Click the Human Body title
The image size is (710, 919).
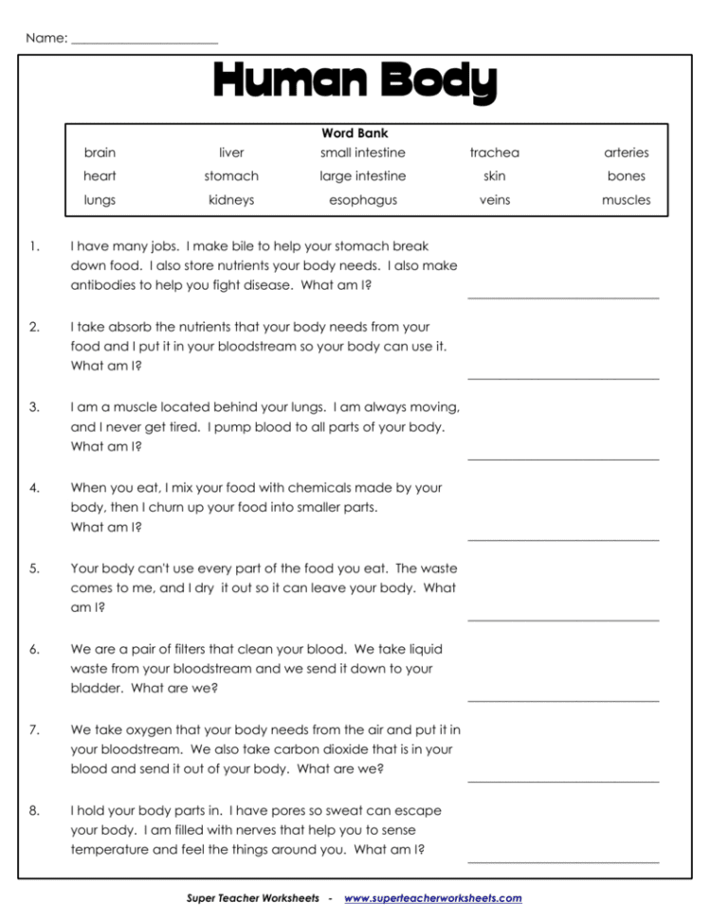[x=355, y=83]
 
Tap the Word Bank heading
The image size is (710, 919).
[x=355, y=134]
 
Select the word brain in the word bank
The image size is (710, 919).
[x=100, y=153]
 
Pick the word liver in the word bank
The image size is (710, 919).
[x=231, y=153]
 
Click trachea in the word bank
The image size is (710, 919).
[x=494, y=153]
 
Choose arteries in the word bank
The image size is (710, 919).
[x=626, y=153]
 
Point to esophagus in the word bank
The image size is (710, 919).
[x=362, y=200]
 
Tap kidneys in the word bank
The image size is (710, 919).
[x=231, y=200]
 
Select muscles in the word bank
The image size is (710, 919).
[x=626, y=200]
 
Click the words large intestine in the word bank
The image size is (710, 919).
[x=362, y=176]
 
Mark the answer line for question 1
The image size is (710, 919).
[x=563, y=297]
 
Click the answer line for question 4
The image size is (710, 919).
[x=563, y=539]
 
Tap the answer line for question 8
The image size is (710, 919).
[x=563, y=861]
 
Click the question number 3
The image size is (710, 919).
[x=34, y=407]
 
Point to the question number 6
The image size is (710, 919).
[x=34, y=650]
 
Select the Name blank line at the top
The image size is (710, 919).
[x=144, y=42]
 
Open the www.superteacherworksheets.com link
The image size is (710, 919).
[x=432, y=898]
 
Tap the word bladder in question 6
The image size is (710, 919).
[x=96, y=688]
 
